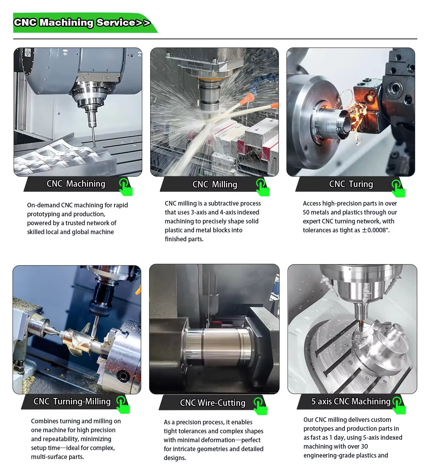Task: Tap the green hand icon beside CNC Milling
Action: (x=263, y=187)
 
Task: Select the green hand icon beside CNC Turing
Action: (x=398, y=188)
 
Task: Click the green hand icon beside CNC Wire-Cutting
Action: (x=260, y=406)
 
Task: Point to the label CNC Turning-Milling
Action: (x=72, y=402)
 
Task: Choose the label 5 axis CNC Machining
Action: (x=351, y=402)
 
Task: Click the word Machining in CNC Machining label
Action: (x=86, y=184)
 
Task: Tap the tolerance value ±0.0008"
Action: (x=376, y=230)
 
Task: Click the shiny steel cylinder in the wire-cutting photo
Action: (x=218, y=347)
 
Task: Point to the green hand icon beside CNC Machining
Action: (x=126, y=187)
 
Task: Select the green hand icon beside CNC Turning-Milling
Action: (x=123, y=405)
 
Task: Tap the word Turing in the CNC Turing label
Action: (x=361, y=184)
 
